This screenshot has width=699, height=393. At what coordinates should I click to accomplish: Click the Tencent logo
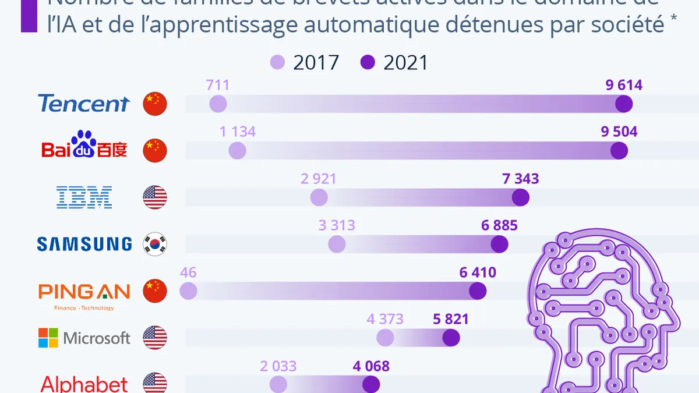[x=83, y=104]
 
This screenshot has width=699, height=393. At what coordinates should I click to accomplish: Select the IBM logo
[x=84, y=197]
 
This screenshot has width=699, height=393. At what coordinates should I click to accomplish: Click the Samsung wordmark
[x=84, y=244]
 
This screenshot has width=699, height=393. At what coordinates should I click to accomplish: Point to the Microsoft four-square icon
[x=48, y=338]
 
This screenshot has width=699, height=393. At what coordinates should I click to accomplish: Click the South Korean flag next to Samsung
[x=155, y=244]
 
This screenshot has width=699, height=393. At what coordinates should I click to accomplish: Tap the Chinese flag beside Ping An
[x=155, y=291]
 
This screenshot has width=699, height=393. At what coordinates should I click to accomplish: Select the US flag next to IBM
[x=155, y=197]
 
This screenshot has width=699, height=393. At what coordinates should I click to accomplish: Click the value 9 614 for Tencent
[x=623, y=86]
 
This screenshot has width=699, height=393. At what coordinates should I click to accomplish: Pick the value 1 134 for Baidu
[x=238, y=132]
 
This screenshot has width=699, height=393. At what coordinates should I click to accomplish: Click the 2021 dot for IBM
[x=520, y=197]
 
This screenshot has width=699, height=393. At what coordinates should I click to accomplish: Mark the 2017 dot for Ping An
[x=188, y=291]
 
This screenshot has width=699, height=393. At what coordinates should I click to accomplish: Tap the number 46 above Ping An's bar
[x=188, y=272]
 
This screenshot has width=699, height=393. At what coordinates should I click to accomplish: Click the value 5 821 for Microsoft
[x=450, y=319]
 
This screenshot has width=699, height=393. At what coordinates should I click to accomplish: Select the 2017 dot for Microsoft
[x=385, y=338]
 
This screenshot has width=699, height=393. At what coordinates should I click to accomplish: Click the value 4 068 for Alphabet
[x=370, y=366]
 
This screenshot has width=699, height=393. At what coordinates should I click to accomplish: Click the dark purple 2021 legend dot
[x=368, y=62]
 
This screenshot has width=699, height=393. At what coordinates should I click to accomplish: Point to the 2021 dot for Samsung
[x=499, y=244]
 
